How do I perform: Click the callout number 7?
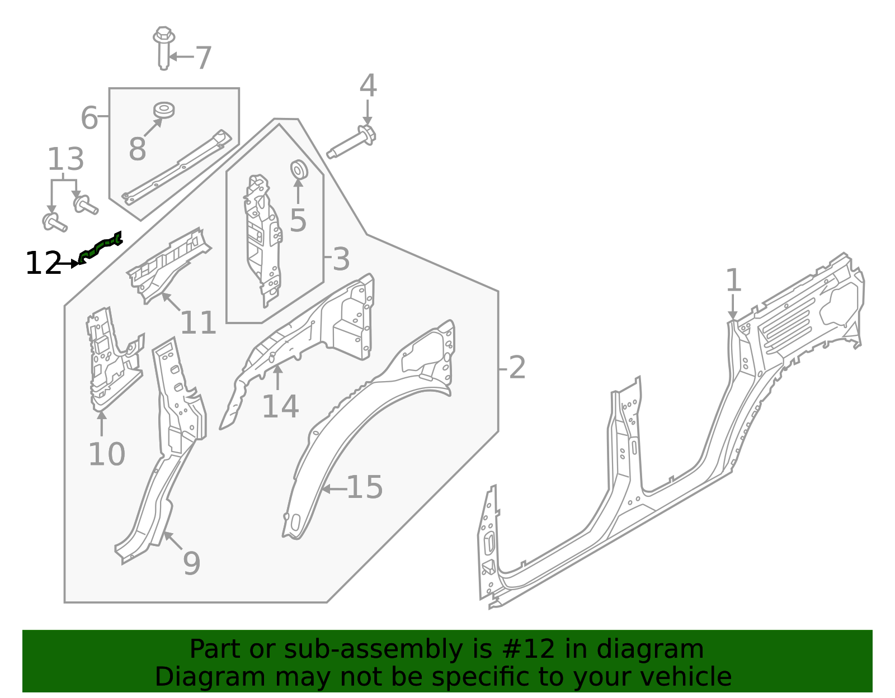click(x=204, y=58)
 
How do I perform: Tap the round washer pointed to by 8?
click(x=164, y=110)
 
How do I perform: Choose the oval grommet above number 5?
click(x=298, y=169)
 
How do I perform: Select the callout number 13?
click(x=65, y=159)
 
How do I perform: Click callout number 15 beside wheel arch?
click(x=364, y=487)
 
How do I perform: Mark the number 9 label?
click(x=191, y=563)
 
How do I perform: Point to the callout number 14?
click(x=280, y=406)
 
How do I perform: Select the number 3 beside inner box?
click(x=341, y=259)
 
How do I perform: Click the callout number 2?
click(x=517, y=368)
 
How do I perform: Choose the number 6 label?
click(x=89, y=118)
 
